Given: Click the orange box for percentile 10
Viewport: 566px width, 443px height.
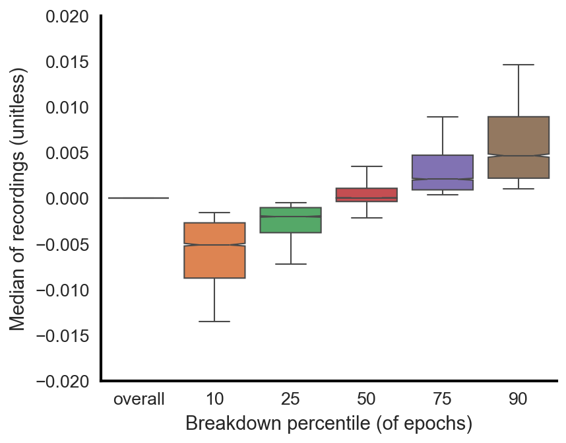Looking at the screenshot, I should pyautogui.click(x=214, y=250).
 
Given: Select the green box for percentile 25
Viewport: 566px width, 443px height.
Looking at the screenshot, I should pyautogui.click(x=290, y=220).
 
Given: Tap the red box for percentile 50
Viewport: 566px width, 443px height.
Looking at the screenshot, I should pyautogui.click(x=366, y=194).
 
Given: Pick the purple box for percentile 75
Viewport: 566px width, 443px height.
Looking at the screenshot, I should pyautogui.click(x=442, y=172).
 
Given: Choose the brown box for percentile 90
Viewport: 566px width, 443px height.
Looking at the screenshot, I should pyautogui.click(x=518, y=147).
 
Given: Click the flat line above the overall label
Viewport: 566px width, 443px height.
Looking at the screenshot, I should pyautogui.click(x=139, y=198).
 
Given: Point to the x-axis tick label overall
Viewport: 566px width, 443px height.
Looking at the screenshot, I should pyautogui.click(x=139, y=399).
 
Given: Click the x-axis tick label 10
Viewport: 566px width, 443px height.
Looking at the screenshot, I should pyautogui.click(x=214, y=399).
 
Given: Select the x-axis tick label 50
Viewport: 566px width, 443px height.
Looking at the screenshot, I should pyautogui.click(x=366, y=399).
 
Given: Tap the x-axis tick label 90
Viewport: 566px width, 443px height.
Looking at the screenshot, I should pyautogui.click(x=518, y=399).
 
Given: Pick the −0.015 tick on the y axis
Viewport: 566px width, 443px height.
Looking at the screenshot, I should pyautogui.click(x=63, y=335).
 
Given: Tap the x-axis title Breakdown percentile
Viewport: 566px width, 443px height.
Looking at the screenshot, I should pyautogui.click(x=329, y=424).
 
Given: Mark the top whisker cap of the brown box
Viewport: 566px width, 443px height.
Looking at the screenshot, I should pyautogui.click(x=518, y=65).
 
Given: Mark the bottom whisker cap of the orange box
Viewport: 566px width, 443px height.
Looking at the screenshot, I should pyautogui.click(x=214, y=322).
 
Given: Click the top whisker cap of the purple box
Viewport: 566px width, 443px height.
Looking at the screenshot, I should pyautogui.click(x=442, y=117).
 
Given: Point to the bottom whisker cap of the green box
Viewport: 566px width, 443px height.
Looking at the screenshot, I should pyautogui.click(x=290, y=264).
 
